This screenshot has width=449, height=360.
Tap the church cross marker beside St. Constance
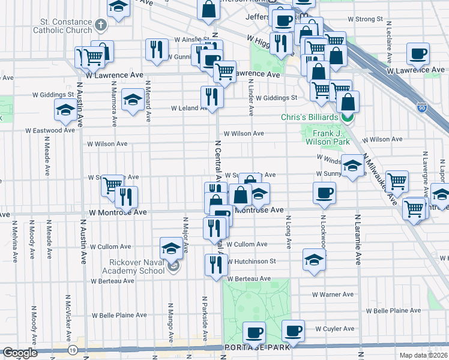coord(101,25)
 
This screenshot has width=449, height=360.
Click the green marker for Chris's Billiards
coord(348,117)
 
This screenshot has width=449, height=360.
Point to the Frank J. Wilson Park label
coord(327,137)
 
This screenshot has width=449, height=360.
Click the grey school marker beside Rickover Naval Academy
coord(173,266)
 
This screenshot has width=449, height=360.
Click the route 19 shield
coord(72,350)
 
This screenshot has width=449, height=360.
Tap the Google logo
coord(20,352)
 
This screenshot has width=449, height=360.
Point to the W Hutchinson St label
coord(251,261)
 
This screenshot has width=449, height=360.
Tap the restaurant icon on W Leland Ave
coord(211,96)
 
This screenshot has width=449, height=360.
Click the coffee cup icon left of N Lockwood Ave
coord(324,192)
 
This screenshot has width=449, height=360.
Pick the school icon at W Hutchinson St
coord(314,259)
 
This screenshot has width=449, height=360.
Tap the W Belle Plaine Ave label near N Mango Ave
coord(119,315)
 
